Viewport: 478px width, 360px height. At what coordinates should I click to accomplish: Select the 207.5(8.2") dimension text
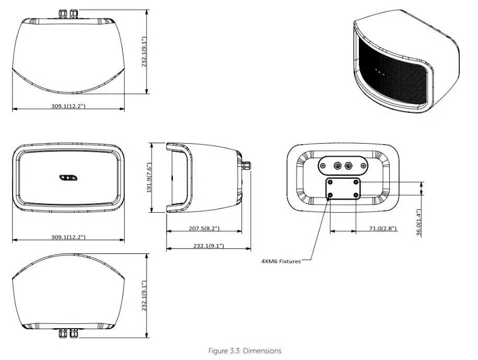point(204,228)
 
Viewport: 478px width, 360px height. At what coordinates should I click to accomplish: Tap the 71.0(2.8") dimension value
point(382,228)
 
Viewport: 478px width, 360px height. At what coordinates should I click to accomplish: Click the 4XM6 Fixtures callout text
point(281,261)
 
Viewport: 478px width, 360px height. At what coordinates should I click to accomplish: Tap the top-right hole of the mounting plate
point(356,182)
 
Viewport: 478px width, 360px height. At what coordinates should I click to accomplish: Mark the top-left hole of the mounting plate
point(330,182)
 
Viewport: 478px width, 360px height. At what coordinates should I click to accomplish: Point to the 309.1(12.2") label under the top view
point(68,106)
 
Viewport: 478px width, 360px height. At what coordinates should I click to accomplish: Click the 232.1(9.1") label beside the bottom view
point(145,296)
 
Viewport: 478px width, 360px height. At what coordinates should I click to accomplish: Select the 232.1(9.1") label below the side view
point(207,246)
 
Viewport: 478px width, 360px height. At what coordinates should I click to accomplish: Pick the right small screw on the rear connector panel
point(360,166)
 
